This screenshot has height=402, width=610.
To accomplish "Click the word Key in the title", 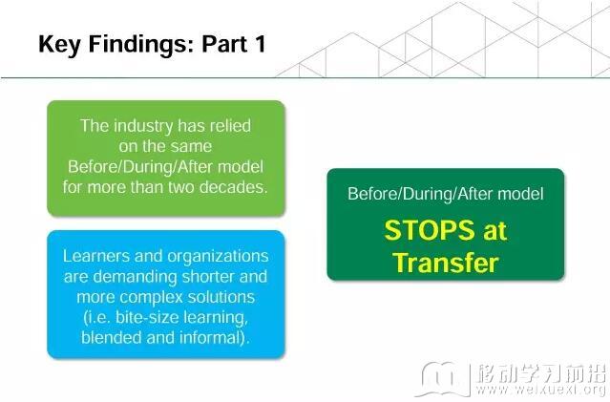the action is (x=59, y=45).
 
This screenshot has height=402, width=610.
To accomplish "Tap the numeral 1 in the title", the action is (x=261, y=44).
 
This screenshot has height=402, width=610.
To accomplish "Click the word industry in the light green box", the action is (x=143, y=126).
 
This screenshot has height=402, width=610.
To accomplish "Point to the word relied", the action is (x=230, y=126).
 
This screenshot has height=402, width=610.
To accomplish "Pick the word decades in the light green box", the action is (x=234, y=187).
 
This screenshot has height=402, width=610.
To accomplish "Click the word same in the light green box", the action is (x=193, y=147).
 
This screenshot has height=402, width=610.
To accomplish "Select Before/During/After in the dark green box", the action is (x=420, y=194).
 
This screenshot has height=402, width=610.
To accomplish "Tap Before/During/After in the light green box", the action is (x=140, y=167).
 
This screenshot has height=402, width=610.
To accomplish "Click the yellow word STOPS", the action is (x=430, y=230).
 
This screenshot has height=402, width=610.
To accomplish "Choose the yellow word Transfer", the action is (x=446, y=263).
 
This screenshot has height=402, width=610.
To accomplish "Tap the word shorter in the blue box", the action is (x=208, y=277).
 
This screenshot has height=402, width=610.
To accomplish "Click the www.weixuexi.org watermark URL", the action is (x=541, y=390).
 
